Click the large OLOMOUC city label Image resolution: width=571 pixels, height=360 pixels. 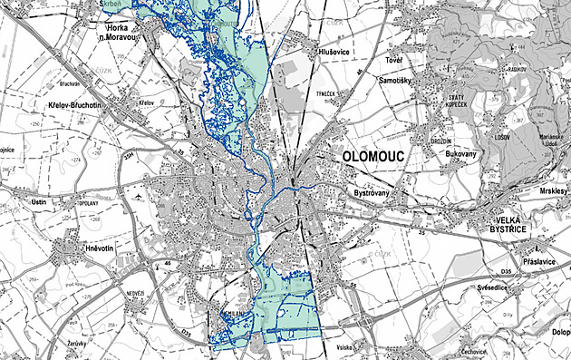(373, 157)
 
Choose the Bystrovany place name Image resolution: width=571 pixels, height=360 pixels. (372, 194)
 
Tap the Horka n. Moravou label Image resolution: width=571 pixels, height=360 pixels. (118, 33)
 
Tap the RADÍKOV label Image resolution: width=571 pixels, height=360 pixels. (518, 68)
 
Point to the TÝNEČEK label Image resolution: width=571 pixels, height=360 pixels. (325, 94)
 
